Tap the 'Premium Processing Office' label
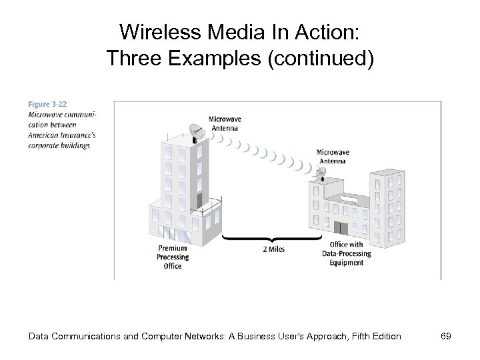click(x=173, y=257)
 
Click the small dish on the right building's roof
click(x=321, y=173)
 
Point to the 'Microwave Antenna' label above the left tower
click(x=225, y=124)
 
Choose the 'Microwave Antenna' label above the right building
click(x=333, y=157)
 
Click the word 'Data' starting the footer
click(x=41, y=337)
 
